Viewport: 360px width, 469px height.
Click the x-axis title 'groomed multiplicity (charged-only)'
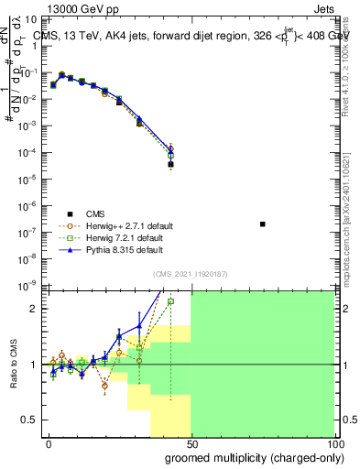click(253, 456)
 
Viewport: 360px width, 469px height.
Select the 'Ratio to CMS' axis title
click(16, 365)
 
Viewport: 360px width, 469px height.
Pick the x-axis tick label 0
click(49, 443)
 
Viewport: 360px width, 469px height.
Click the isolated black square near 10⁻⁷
click(263, 224)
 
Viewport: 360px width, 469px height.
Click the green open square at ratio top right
click(170, 300)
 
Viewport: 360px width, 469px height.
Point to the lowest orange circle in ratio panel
click(105, 386)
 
